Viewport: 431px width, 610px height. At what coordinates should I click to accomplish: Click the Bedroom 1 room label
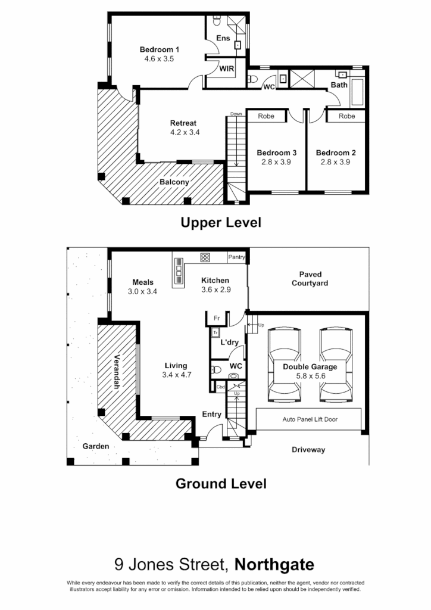coord(160,49)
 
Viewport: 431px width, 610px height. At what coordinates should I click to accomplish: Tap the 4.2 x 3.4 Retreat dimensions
coord(185,132)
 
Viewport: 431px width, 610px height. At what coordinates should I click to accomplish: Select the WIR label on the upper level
coord(227,69)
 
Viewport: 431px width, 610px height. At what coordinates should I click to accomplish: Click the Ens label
coord(223,39)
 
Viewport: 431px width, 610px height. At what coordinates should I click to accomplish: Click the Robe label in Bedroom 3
coord(266,116)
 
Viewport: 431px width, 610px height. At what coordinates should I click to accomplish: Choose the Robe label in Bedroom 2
coord(346,116)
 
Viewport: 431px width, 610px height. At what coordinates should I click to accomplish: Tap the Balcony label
coord(174,182)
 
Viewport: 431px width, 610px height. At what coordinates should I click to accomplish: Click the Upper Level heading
coord(221,223)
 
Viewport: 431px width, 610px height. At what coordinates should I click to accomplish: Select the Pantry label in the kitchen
coord(236,257)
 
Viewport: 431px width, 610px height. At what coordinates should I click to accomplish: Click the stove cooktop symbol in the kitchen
coord(205,258)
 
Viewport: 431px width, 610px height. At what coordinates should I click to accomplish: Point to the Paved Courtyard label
coord(310,279)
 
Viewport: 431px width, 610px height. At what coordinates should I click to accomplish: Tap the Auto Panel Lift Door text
coord(310,419)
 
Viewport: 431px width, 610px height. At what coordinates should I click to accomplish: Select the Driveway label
coord(308,450)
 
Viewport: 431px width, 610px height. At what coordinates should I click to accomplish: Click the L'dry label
coord(229,343)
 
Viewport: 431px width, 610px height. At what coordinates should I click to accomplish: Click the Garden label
coord(95,446)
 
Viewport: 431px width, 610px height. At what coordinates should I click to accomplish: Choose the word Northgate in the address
coord(274,564)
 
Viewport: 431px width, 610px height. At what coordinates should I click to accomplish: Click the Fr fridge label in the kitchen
coord(217,318)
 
